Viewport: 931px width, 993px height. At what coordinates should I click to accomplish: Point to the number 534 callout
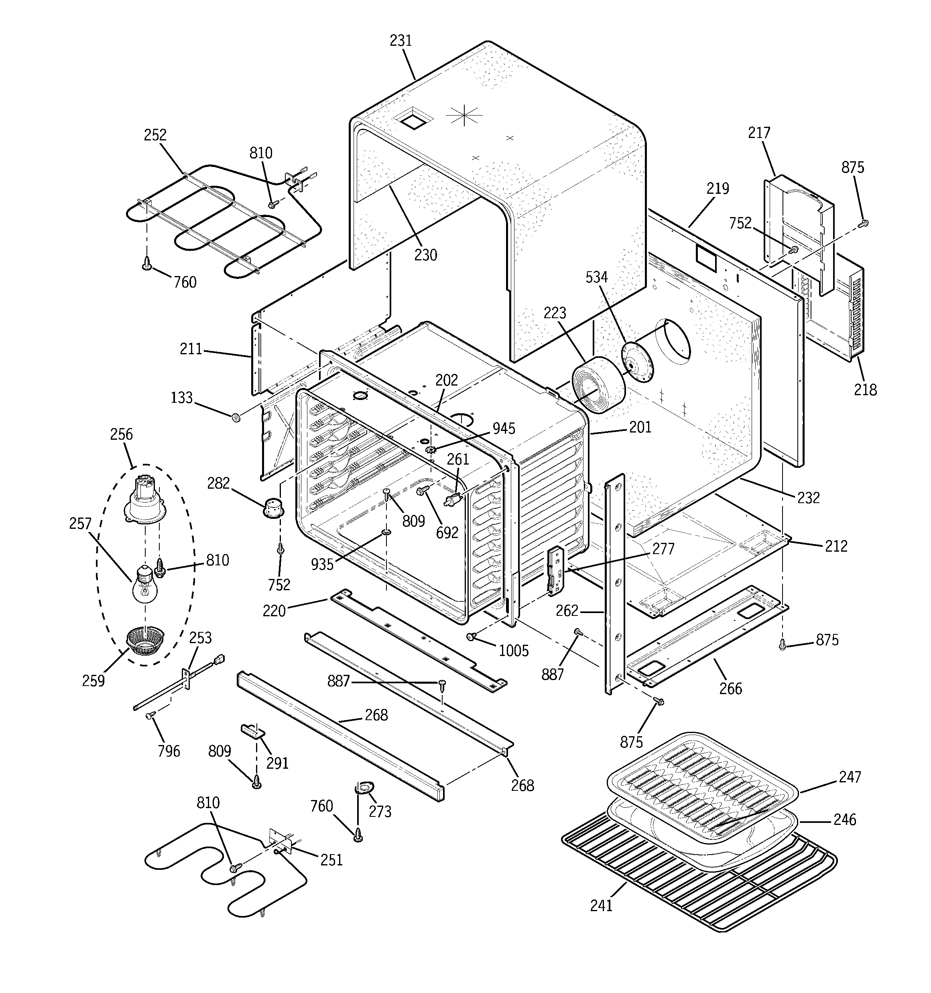tap(597, 277)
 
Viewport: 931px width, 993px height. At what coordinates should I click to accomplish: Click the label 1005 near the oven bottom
tap(514, 650)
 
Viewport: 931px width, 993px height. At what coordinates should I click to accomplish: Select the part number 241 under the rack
tap(601, 920)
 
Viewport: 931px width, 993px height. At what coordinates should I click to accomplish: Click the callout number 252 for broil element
tap(155, 135)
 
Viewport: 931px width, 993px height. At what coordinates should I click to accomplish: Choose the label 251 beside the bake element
tap(331, 860)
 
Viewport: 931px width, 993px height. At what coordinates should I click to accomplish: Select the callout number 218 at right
tap(865, 390)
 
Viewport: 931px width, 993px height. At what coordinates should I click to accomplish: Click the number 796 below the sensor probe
tap(169, 751)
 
